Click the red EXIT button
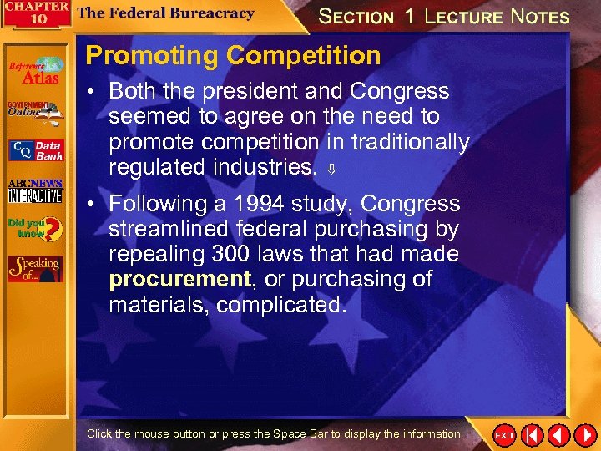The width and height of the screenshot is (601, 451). click(505, 435)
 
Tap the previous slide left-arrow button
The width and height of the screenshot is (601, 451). click(558, 435)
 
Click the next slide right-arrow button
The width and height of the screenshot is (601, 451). click(584, 435)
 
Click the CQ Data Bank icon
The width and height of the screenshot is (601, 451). click(35, 150)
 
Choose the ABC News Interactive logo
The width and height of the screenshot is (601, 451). click(35, 191)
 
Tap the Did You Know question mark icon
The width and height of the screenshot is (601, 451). click(35, 228)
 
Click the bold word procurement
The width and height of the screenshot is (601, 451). click(179, 279)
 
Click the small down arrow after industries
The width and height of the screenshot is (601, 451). click(331, 169)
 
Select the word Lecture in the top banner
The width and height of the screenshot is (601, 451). click(463, 16)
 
